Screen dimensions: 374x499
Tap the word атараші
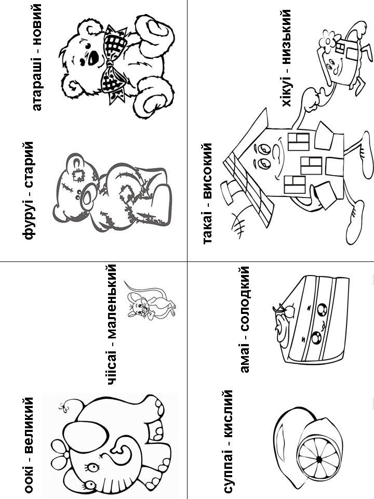tap(36, 84)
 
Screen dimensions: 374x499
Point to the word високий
tap(207, 172)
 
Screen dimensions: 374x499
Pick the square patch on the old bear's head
tap(78, 175)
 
